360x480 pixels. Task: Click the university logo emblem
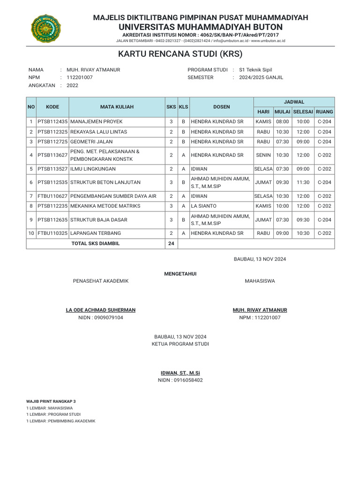pyautogui.click(x=46, y=28)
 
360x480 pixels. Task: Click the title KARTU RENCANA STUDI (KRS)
pyautogui.click(x=180, y=54)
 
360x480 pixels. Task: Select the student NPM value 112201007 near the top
pyautogui.click(x=80, y=77)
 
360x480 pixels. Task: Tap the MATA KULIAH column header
pyautogui.click(x=117, y=107)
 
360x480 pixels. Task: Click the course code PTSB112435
pyautogui.click(x=52, y=121)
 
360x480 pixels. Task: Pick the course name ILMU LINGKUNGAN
pyautogui.click(x=93, y=169)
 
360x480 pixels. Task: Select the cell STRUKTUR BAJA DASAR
pyautogui.click(x=98, y=219)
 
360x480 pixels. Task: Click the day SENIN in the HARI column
pyautogui.click(x=263, y=155)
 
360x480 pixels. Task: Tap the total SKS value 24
pyautogui.click(x=171, y=244)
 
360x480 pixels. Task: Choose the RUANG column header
pyautogui.click(x=324, y=112)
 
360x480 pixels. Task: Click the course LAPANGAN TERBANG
pyautogui.click(x=96, y=233)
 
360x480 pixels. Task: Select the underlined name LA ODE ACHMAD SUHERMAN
pyautogui.click(x=101, y=310)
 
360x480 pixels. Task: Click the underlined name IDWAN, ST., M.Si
pyautogui.click(x=180, y=373)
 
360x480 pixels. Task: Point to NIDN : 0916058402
pyautogui.click(x=180, y=380)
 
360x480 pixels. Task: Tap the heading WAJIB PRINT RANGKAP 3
pyautogui.click(x=51, y=402)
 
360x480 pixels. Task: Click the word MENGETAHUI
pyautogui.click(x=180, y=273)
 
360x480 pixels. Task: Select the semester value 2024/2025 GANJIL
pyautogui.click(x=261, y=77)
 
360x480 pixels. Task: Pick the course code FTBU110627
pyautogui.click(x=52, y=196)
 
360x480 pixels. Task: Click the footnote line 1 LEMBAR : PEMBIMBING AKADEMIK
pyautogui.click(x=61, y=421)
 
